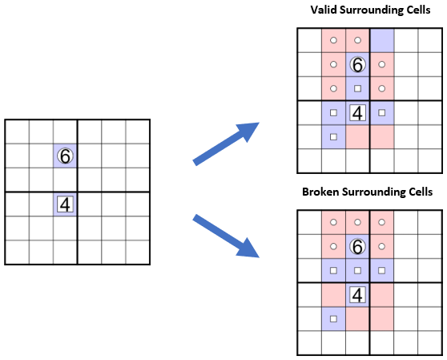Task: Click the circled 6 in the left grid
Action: (x=65, y=156)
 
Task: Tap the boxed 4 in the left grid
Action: (x=65, y=204)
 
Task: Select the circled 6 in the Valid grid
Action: (x=357, y=64)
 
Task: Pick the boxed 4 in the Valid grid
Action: (x=357, y=113)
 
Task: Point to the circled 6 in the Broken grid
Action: (x=357, y=246)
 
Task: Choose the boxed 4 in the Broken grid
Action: (x=357, y=295)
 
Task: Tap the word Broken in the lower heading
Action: (x=320, y=192)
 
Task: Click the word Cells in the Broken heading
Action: (x=421, y=192)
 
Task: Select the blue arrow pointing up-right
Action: (x=226, y=144)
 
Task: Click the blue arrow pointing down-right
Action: (x=226, y=237)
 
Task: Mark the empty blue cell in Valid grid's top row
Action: (x=382, y=40)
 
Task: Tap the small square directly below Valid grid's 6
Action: (x=357, y=88)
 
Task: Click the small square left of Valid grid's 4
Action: (x=333, y=113)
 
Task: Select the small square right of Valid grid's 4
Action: (x=382, y=113)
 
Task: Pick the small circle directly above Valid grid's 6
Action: (x=357, y=40)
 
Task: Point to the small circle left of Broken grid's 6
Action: (x=333, y=246)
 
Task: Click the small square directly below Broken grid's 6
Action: (x=357, y=270)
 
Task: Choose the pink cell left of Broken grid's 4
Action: (x=333, y=295)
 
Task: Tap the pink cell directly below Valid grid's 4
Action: (x=357, y=137)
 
